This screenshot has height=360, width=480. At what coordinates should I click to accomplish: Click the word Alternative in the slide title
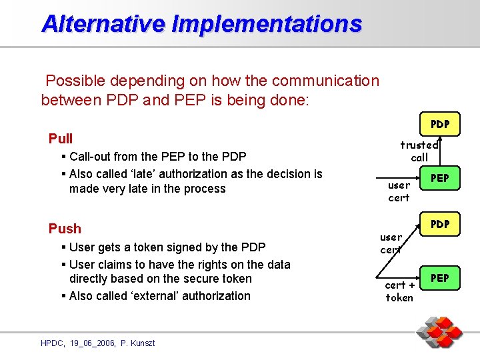pyautogui.click(x=103, y=24)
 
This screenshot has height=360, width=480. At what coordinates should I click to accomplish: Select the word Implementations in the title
pyautogui.click(x=267, y=24)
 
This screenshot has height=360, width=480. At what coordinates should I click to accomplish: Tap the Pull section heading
pyautogui.click(x=61, y=139)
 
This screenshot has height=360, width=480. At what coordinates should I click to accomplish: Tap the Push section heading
pyautogui.click(x=65, y=229)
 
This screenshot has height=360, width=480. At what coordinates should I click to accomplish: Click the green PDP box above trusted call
pyautogui.click(x=439, y=124)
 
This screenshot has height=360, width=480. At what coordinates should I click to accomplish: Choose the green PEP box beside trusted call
pyautogui.click(x=439, y=178)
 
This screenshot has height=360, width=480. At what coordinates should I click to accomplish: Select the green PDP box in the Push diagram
pyautogui.click(x=439, y=224)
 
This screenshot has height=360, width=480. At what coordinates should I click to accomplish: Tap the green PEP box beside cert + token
pyautogui.click(x=439, y=277)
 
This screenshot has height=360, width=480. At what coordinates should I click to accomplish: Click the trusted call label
pyautogui.click(x=419, y=151)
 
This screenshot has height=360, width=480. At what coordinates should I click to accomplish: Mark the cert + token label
pyautogui.click(x=399, y=291)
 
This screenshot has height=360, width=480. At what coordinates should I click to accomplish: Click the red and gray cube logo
pyautogui.click(x=439, y=333)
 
